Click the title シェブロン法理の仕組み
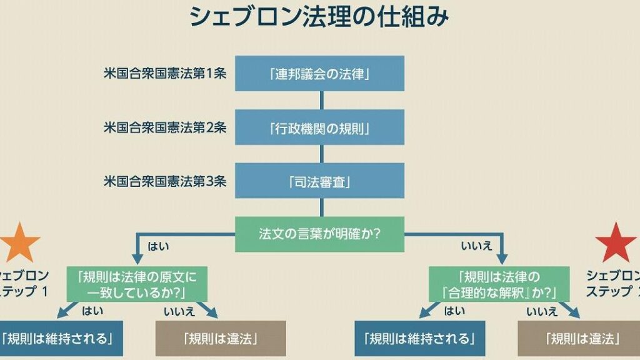[319, 17]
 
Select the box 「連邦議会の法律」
[320, 74]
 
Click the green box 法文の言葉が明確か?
[319, 234]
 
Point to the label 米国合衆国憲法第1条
[165, 72]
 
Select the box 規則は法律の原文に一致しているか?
[136, 284]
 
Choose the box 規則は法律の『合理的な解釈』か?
[499, 284]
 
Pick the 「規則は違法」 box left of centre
[221, 339]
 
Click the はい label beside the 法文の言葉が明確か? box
[157, 247]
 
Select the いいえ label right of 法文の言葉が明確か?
[473, 247]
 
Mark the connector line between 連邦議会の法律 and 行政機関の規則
[321, 101]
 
